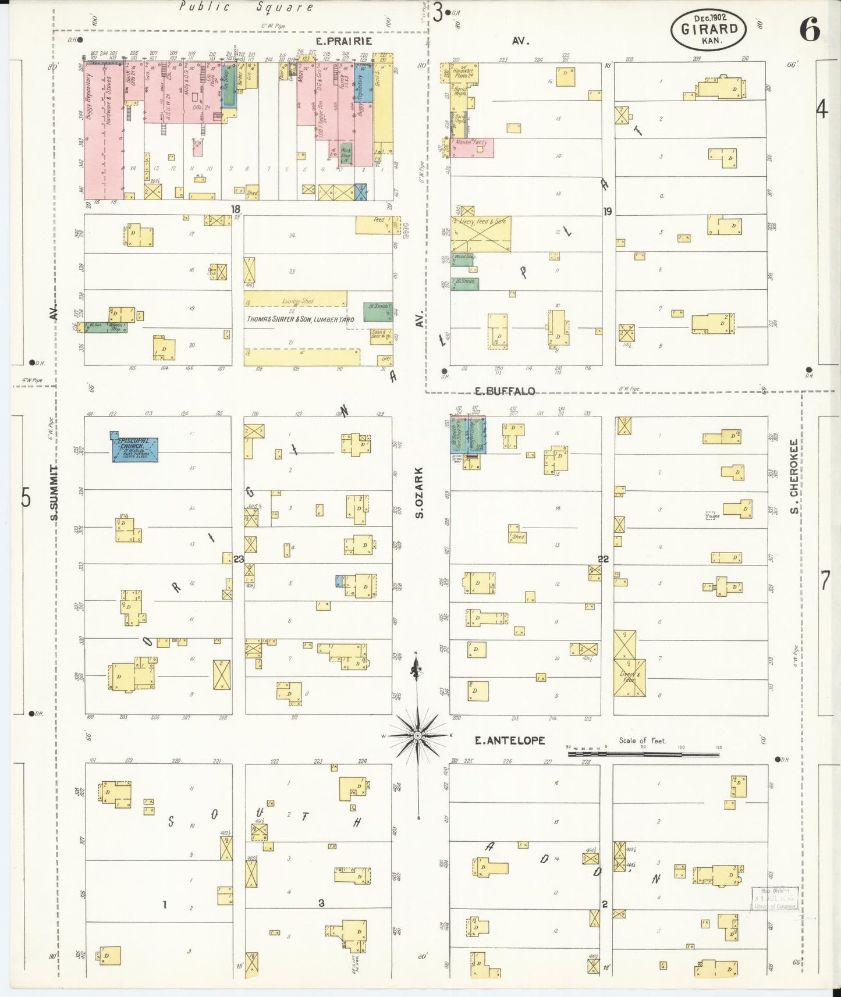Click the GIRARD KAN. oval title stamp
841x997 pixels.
tap(708, 29)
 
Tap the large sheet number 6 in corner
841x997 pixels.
tap(809, 29)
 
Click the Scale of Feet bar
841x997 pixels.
tap(643, 754)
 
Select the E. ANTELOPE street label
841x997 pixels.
tap(510, 740)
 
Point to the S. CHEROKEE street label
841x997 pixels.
tap(793, 476)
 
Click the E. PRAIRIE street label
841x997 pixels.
tap(343, 41)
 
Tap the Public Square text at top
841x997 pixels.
tap(246, 7)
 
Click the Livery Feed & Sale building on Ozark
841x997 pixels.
tap(481, 234)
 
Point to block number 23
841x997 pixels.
tap(239, 559)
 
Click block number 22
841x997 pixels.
tap(603, 559)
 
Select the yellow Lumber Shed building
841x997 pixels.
tap(296, 299)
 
